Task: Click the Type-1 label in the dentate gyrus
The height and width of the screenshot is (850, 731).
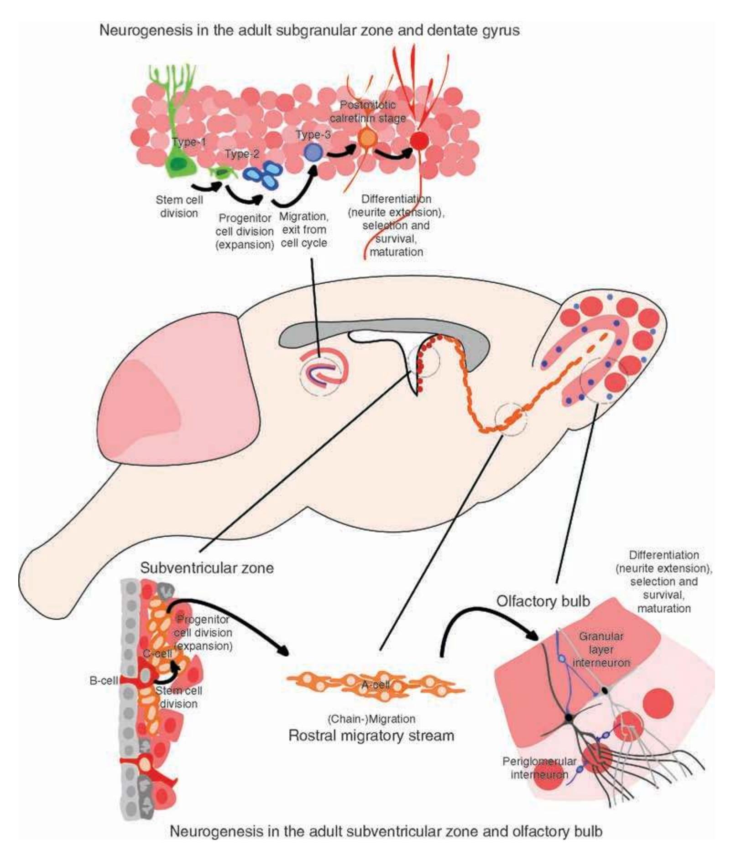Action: [188, 142]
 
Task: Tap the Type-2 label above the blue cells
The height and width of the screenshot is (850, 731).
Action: [242, 154]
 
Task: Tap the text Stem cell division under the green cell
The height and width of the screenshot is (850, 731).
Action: [179, 206]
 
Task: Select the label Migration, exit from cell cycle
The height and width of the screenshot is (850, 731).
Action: [303, 229]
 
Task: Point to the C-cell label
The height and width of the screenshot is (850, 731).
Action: [157, 653]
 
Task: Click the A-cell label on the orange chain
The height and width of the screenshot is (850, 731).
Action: [375, 684]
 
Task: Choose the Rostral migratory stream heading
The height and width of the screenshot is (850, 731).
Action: [371, 736]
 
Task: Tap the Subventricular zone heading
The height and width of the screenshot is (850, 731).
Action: [207, 568]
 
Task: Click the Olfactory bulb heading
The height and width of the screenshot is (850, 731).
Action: [543, 601]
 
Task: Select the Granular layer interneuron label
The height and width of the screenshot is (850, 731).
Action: [601, 649]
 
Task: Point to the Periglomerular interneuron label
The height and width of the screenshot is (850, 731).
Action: [539, 768]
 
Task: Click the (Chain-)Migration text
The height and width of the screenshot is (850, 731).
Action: [371, 719]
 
